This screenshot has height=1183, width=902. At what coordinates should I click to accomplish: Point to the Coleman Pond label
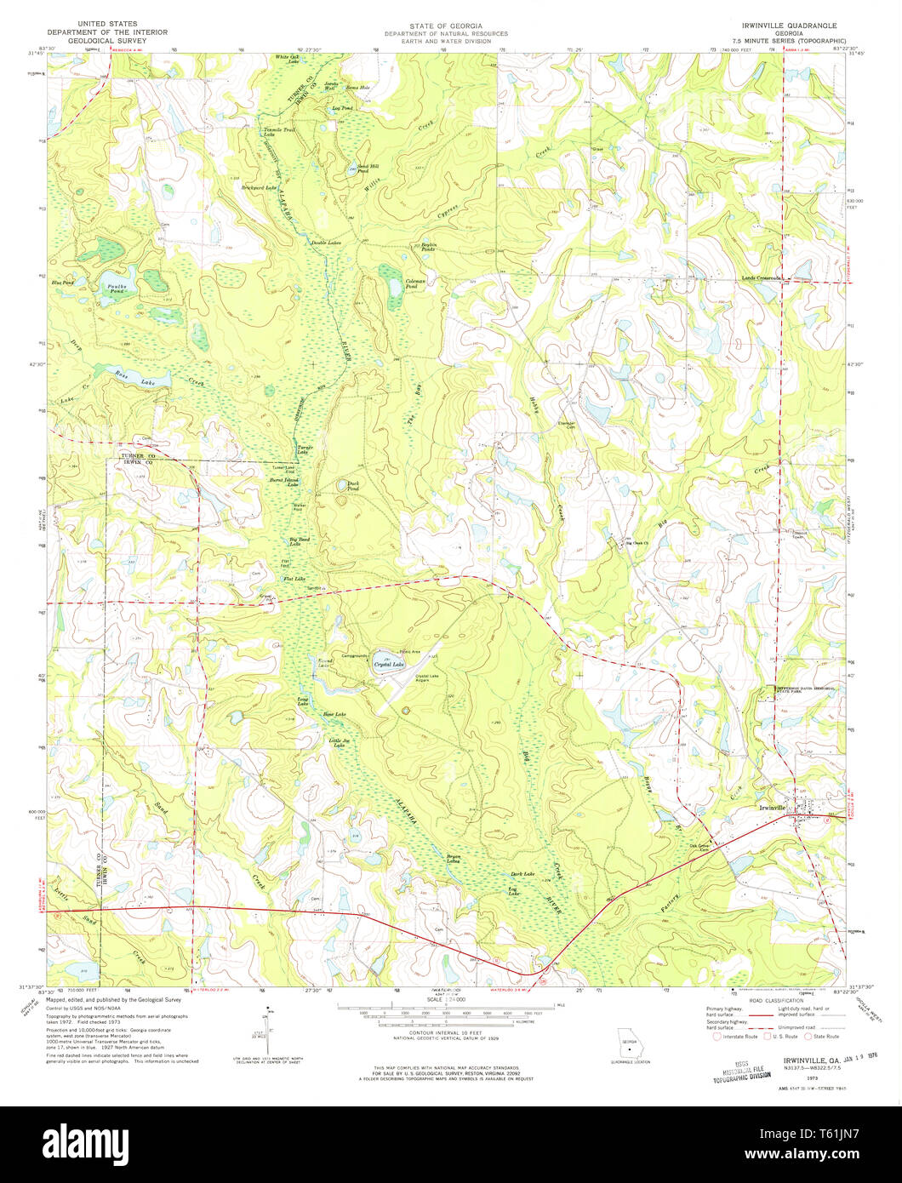[x=414, y=283]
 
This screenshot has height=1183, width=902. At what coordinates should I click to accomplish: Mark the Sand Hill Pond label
[x=368, y=169]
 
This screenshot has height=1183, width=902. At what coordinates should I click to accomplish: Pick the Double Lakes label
[x=326, y=243]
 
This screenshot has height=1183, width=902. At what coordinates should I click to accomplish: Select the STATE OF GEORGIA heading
[x=445, y=26]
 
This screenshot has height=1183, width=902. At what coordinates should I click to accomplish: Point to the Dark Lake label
[x=522, y=874]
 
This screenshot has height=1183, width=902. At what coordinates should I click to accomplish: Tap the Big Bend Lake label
[x=299, y=541]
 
